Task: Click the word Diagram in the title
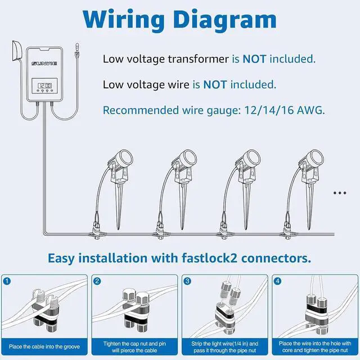pyautogui.click(x=225, y=20)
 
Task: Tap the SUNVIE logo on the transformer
pyautogui.click(x=44, y=64)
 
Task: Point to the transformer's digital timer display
pyautogui.click(x=44, y=85)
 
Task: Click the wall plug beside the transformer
pyautogui.click(x=17, y=51)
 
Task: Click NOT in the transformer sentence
pyautogui.click(x=254, y=59)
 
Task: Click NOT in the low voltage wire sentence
pyautogui.click(x=215, y=85)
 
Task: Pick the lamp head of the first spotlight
pyautogui.click(x=124, y=158)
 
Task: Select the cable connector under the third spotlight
pyautogui.click(x=223, y=231)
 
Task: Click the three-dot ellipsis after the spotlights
pyautogui.click(x=340, y=193)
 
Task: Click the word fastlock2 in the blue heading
pyautogui.click(x=209, y=258)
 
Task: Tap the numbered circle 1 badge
pyautogui.click(x=7, y=281)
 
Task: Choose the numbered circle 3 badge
pyautogui.click(x=187, y=281)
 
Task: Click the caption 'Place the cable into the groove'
pyautogui.click(x=44, y=346)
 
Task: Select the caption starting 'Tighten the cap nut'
pyautogui.click(x=134, y=347)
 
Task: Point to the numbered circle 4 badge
pyautogui.click(x=277, y=281)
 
